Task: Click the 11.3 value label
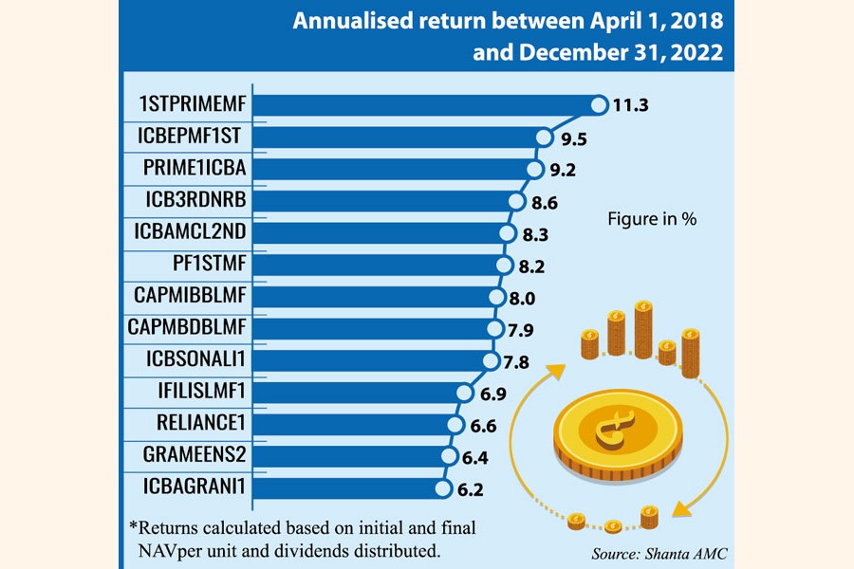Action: (631, 105)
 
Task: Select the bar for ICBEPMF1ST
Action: (399, 138)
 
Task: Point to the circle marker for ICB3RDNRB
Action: (516, 201)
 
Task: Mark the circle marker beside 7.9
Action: (493, 329)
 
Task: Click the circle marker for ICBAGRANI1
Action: (441, 488)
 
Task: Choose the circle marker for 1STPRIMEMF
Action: (599, 105)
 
